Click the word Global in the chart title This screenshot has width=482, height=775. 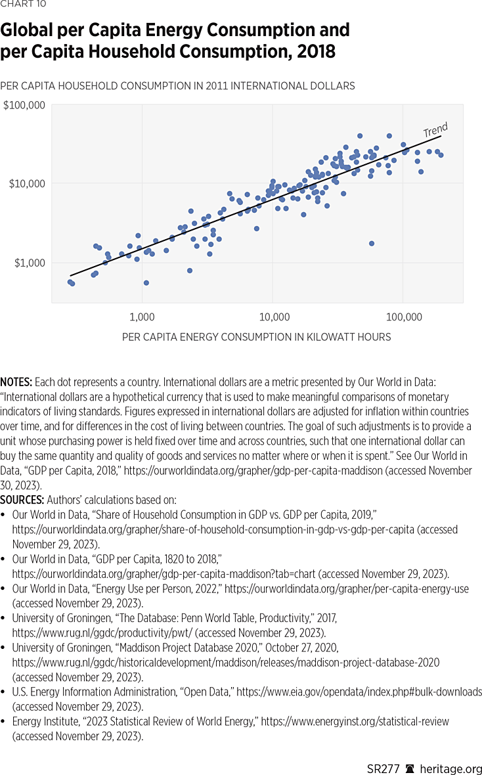coord(31,30)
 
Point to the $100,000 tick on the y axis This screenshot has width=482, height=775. coord(24,105)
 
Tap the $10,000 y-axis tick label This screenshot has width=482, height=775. coord(26,183)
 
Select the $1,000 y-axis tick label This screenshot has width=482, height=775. coord(29,263)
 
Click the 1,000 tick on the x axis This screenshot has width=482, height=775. coord(142,317)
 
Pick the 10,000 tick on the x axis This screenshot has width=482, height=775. coord(274,317)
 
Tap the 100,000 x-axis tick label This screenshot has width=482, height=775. coord(404,317)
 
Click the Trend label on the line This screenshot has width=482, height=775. coord(435,130)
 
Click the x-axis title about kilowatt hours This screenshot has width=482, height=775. coord(256,337)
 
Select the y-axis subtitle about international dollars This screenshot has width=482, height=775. coord(177,85)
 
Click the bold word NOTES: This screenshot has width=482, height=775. coord(16,381)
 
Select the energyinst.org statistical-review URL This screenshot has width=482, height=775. coord(355,721)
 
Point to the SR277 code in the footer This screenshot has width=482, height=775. coord(382,768)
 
